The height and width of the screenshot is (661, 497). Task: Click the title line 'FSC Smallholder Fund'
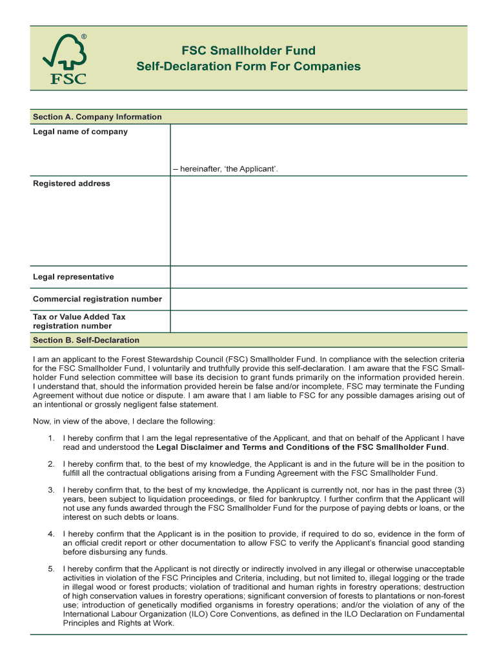pyautogui.click(x=248, y=50)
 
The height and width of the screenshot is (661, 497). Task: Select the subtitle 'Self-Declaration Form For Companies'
pyautogui.click(x=248, y=66)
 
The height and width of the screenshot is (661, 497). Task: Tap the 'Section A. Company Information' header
pyautogui.click(x=97, y=117)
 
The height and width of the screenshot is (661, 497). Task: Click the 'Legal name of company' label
pyautogui.click(x=80, y=132)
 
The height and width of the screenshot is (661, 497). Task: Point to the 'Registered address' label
pyautogui.click(x=71, y=183)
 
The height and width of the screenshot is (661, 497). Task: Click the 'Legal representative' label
pyautogui.click(x=73, y=277)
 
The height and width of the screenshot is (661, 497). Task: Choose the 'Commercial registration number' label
pyautogui.click(x=97, y=299)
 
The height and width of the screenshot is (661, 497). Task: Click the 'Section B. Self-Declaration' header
pyautogui.click(x=86, y=340)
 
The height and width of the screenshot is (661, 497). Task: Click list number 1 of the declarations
pyautogui.click(x=50, y=438)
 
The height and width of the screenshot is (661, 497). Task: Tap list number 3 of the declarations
pyautogui.click(x=50, y=490)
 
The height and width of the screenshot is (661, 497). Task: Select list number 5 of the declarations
pyautogui.click(x=50, y=569)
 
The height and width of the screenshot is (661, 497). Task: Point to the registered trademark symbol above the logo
pyautogui.click(x=83, y=37)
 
